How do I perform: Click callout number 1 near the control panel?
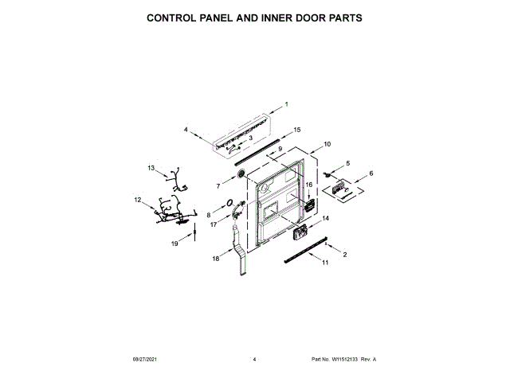[287, 104]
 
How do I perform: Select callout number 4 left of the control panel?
[185, 129]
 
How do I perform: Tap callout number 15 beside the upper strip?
[297, 129]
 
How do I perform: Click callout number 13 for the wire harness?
[151, 168]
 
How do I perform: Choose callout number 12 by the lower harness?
[137, 200]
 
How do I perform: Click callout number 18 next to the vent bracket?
[215, 259]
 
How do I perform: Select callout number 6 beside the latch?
[370, 173]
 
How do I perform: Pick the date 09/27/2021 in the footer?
[143, 360]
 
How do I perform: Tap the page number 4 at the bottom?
[254, 360]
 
